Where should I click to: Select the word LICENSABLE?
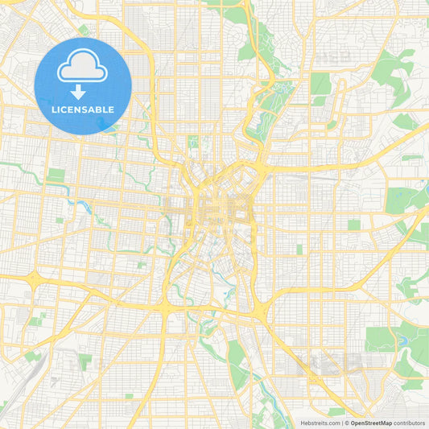tap(83, 109)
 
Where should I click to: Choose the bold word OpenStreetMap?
tap(373, 423)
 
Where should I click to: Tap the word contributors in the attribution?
tap(409, 423)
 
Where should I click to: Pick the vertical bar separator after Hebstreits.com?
tap(343, 423)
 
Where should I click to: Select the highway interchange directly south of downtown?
tap(166, 307)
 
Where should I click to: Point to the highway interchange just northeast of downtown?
tap(259, 162)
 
